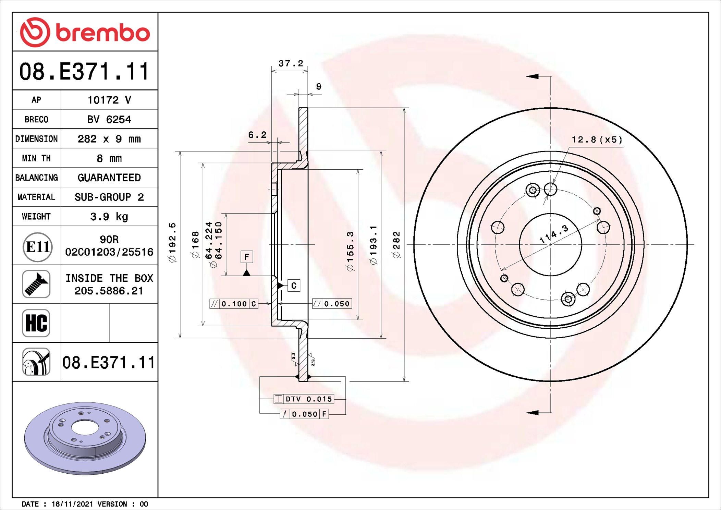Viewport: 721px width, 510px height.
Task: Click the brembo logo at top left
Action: (x=85, y=32)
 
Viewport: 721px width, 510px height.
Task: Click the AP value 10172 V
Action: (x=109, y=100)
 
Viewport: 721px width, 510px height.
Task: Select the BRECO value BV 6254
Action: (x=109, y=119)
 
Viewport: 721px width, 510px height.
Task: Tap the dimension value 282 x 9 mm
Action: (x=109, y=139)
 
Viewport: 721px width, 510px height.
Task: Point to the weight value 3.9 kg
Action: (x=109, y=217)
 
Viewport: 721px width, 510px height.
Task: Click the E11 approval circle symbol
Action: (x=37, y=247)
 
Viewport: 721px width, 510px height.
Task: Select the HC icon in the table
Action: (x=36, y=323)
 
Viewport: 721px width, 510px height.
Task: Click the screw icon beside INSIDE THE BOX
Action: (x=36, y=284)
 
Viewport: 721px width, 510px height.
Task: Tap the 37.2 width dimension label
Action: (x=291, y=63)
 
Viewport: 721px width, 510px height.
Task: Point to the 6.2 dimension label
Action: (x=257, y=135)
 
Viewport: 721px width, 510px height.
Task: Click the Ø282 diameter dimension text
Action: (x=396, y=244)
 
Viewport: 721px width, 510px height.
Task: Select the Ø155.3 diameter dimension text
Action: (x=350, y=251)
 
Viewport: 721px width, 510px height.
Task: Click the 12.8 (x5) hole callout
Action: (x=597, y=140)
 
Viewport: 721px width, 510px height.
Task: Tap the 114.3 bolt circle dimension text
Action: (x=554, y=234)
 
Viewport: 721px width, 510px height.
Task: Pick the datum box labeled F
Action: (x=247, y=257)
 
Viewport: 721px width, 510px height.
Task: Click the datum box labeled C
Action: (x=294, y=286)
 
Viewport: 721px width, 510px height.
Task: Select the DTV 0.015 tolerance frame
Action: (x=304, y=399)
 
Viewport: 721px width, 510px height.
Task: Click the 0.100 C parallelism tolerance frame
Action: (x=234, y=304)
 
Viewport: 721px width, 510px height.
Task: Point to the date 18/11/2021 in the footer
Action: (x=72, y=504)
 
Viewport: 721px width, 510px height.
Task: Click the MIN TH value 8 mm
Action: (x=109, y=158)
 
